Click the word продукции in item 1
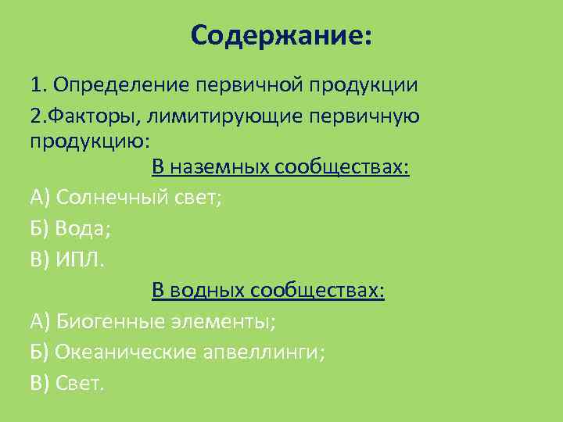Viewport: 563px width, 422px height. click(x=362, y=84)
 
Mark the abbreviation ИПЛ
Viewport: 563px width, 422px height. click(x=79, y=259)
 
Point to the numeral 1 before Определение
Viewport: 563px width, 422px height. click(x=36, y=84)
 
